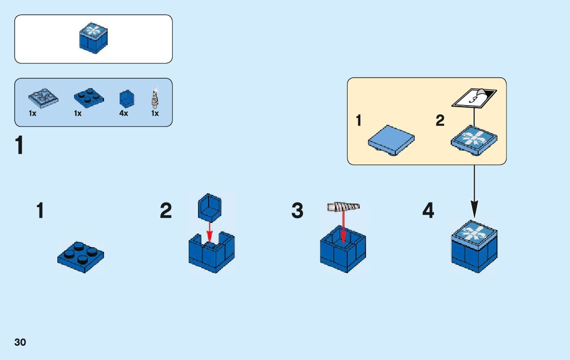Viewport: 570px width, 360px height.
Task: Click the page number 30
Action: pos(20,342)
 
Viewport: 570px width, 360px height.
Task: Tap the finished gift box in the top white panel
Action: pos(94,38)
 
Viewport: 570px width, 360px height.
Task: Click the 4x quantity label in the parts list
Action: pos(123,114)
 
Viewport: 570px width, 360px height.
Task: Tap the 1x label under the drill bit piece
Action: pos(155,114)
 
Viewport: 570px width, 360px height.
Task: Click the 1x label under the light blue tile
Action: pos(32,114)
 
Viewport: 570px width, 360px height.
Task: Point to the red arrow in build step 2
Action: pos(209,232)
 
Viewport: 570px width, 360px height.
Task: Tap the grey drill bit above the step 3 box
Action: pos(344,207)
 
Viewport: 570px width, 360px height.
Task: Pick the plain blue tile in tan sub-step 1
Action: pos(391,139)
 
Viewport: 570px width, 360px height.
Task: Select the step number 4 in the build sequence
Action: pos(428,211)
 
